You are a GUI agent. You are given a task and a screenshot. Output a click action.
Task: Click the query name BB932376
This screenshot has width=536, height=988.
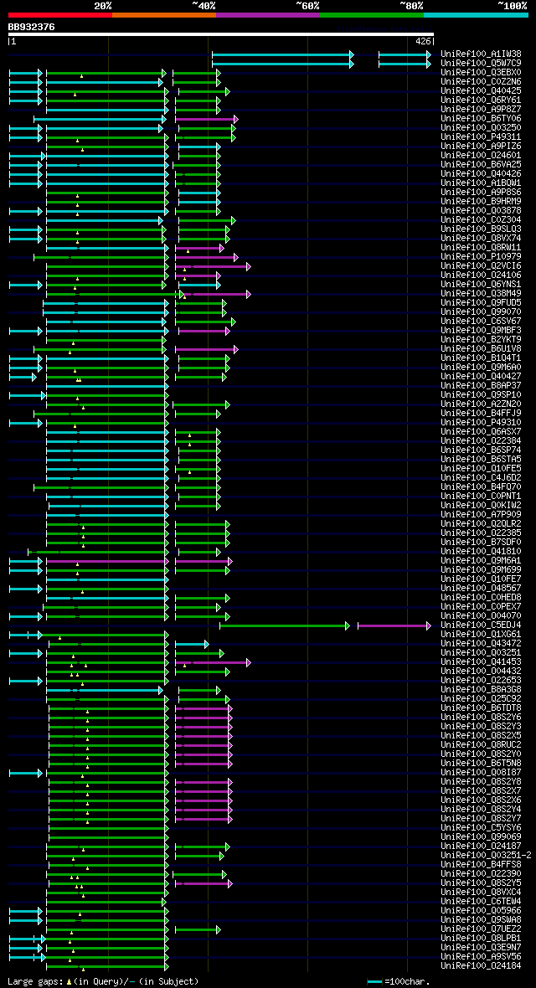coord(32,27)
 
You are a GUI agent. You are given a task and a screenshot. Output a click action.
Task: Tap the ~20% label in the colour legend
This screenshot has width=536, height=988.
coord(103,6)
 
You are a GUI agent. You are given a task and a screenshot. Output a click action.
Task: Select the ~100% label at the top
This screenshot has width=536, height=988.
coord(513,6)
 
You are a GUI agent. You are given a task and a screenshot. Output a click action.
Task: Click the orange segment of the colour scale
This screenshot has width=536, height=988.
coord(163,15)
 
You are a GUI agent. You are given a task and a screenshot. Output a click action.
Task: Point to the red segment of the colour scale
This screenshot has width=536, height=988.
coord(59,15)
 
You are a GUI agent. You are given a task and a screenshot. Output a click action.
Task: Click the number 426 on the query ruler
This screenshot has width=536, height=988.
coord(423,41)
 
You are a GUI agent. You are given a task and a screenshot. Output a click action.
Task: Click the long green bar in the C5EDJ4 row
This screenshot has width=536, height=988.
coord(284,625)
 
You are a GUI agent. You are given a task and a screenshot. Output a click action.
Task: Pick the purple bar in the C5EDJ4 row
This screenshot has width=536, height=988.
coord(394,625)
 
